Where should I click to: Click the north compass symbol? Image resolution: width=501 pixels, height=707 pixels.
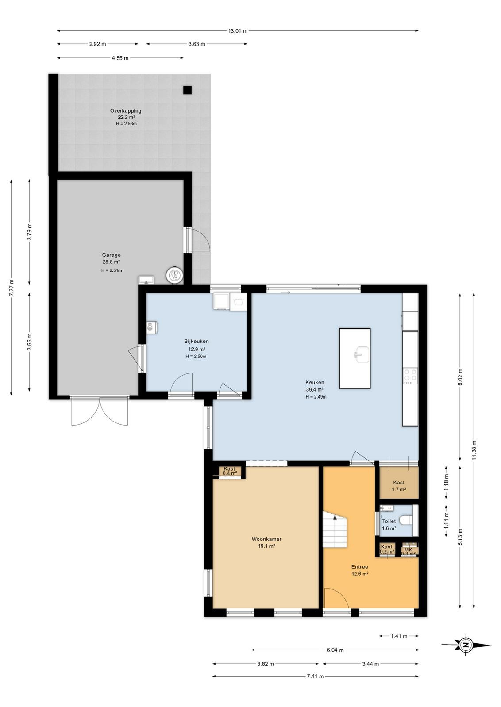(466, 645)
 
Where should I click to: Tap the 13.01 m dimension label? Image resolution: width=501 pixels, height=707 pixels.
(238, 31)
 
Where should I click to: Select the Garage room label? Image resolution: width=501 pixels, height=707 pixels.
(111, 255)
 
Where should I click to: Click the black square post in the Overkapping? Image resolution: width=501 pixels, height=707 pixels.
(188, 90)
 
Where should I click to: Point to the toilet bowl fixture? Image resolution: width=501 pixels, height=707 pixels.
(406, 520)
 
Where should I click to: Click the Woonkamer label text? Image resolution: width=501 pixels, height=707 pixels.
(266, 539)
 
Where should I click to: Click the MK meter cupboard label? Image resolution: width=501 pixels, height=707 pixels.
(409, 550)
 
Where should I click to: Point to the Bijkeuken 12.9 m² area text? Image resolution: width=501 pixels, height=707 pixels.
(197, 350)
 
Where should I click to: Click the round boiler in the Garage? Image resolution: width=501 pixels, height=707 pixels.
(174, 274)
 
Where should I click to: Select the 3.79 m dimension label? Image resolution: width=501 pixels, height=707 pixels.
(29, 232)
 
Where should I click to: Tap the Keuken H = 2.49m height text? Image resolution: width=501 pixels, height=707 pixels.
(316, 397)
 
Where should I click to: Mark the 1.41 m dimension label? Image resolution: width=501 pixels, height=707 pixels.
(399, 636)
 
